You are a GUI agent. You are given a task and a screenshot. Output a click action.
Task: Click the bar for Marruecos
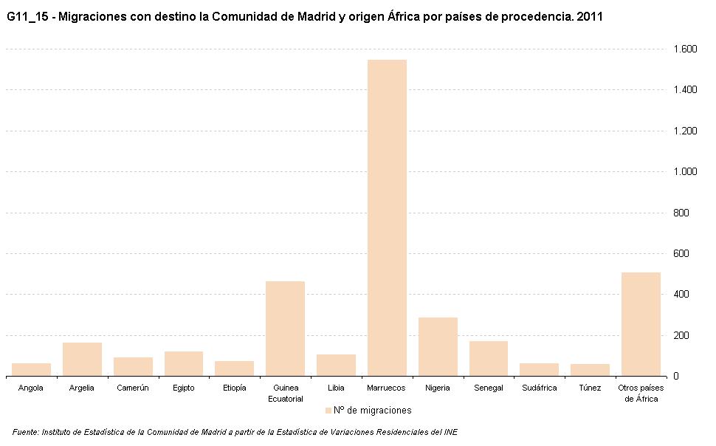pos(387,218)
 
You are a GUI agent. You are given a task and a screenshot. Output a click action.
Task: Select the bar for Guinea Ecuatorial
pos(285,329)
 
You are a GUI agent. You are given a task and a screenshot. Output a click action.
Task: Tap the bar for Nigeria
pos(438,346)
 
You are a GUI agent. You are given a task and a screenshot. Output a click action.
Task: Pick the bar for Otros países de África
pos(641,324)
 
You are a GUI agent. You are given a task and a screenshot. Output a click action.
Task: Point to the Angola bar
pos(31,369)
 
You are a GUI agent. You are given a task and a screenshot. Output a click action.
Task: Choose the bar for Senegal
pos(488,358)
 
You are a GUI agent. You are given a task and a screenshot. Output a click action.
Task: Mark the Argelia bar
pos(82,359)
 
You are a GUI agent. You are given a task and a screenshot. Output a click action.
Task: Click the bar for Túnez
pos(590,369)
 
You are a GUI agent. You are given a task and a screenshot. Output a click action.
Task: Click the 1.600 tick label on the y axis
pos(685,49)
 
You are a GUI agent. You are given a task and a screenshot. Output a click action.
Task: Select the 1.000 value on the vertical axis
pos(685,172)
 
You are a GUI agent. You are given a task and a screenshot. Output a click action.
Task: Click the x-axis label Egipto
pos(183,388)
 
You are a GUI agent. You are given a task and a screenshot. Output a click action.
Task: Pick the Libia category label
pos(336,388)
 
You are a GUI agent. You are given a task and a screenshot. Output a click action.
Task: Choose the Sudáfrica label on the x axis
pos(539,388)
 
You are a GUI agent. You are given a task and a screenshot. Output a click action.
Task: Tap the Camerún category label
pos(133,388)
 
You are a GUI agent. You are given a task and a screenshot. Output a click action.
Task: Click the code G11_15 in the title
pos(27,16)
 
